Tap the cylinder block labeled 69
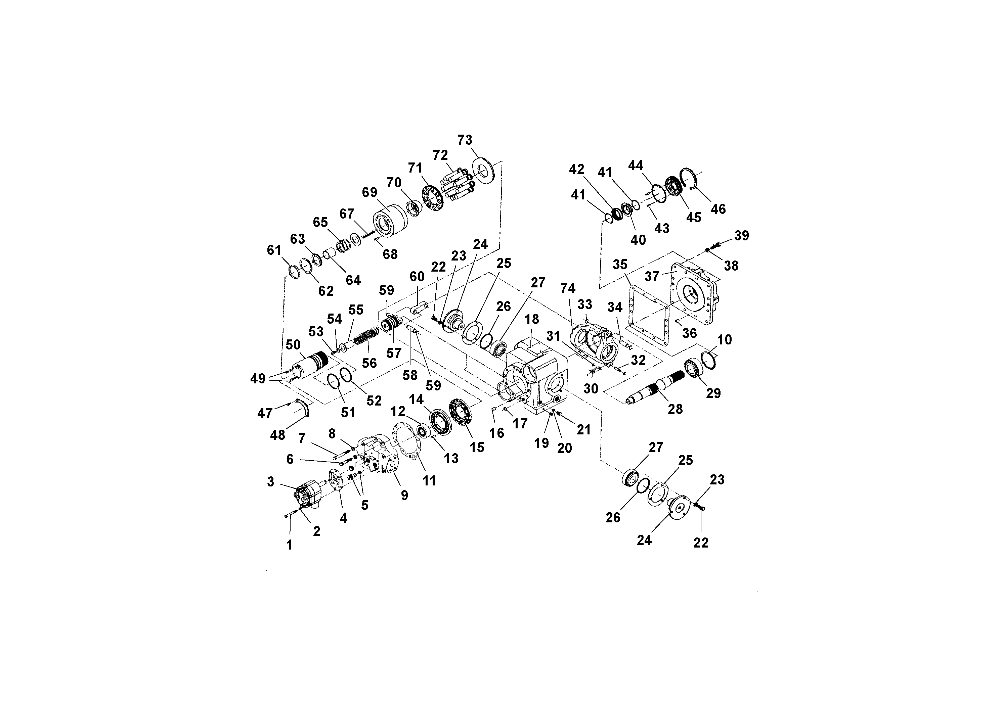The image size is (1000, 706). click(x=389, y=224)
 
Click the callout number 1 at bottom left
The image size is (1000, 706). click(x=289, y=545)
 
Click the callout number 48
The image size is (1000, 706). click(x=278, y=434)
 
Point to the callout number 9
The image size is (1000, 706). click(x=405, y=495)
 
